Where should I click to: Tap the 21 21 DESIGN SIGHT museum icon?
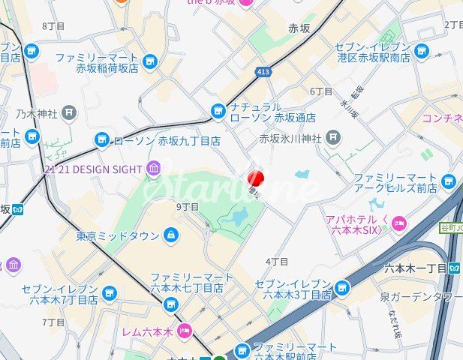pos(154,168)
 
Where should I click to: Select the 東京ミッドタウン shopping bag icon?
pos(171,235)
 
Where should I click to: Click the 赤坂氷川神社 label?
pos(290,139)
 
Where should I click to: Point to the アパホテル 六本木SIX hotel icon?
pos(398,223)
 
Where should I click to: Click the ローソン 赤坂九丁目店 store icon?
pos(102,140)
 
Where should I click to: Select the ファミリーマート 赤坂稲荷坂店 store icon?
pos(150,62)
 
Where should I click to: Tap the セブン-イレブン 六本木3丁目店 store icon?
pos(342,288)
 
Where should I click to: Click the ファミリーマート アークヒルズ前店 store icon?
pos(449,181)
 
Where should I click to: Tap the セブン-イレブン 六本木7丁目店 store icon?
pos(110,293)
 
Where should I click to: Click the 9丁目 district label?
pos(187,207)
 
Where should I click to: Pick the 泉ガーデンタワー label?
pos(420,297)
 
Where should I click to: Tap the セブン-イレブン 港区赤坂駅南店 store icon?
pos(422,52)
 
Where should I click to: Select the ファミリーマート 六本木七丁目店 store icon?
pos(171,304)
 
